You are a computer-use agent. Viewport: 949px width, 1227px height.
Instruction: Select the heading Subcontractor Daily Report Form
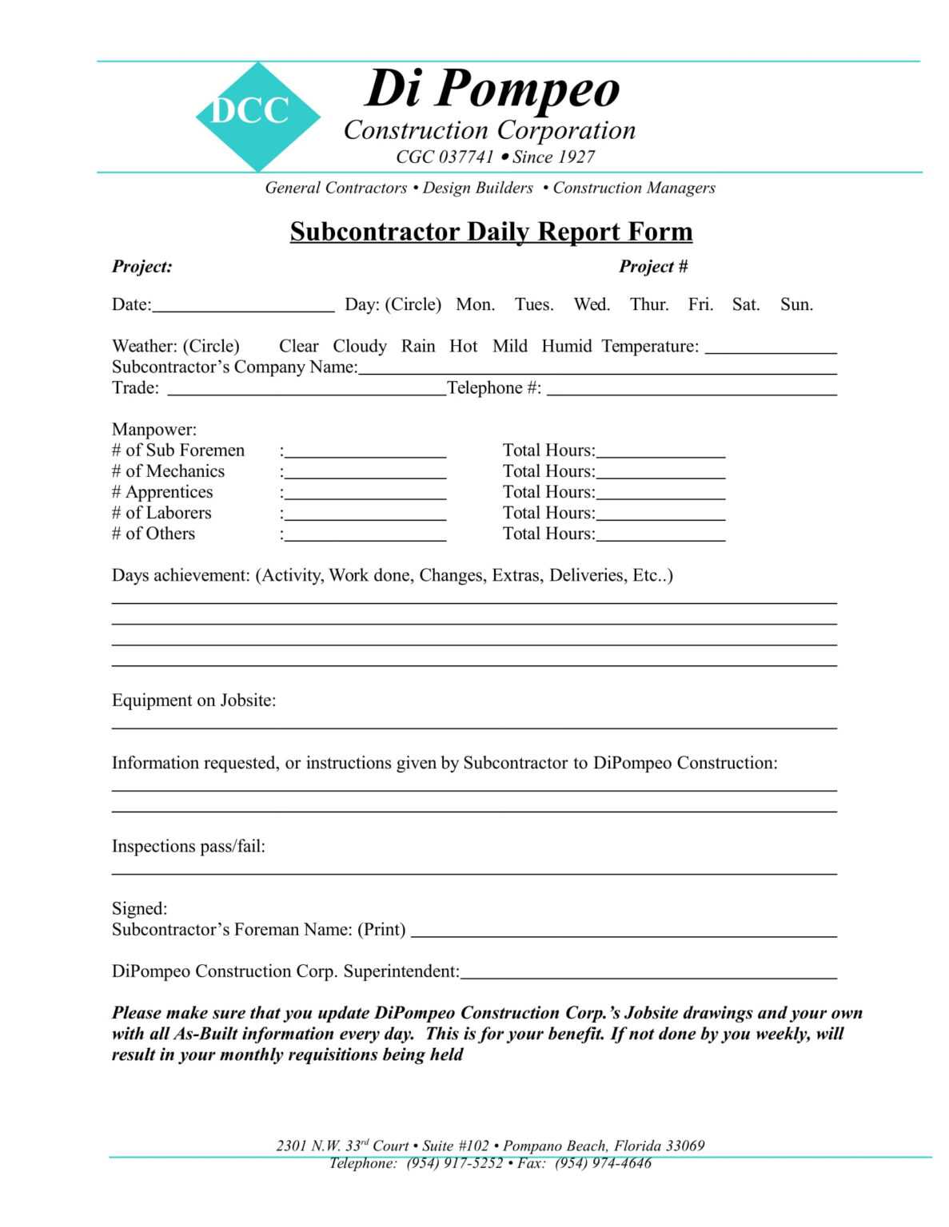coord(490,232)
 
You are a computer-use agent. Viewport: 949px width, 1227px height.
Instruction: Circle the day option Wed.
coord(591,304)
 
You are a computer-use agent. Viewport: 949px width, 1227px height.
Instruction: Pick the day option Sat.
coord(745,304)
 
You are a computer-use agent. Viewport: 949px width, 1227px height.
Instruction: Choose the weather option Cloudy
coord(359,346)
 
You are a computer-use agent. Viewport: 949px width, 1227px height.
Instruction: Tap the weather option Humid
coord(566,346)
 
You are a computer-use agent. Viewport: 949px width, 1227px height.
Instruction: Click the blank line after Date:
coord(243,306)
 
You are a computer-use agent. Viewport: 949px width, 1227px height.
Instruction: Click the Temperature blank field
coord(771,347)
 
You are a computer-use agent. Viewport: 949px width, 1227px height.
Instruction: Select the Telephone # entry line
coord(692,390)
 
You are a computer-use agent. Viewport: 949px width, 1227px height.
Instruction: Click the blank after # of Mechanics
coord(365,473)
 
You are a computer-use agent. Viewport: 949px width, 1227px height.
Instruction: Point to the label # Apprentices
coord(162,492)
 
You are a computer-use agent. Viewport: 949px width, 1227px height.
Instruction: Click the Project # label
coord(652,267)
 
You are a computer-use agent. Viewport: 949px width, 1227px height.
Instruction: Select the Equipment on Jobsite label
coord(193,701)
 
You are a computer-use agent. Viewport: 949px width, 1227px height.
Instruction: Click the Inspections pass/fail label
coord(188,846)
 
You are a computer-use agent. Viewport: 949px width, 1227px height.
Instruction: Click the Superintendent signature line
coord(648,973)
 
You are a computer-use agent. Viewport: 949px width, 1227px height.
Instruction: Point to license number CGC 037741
coord(445,157)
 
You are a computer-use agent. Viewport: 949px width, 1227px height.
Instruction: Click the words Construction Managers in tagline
coord(633,189)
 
